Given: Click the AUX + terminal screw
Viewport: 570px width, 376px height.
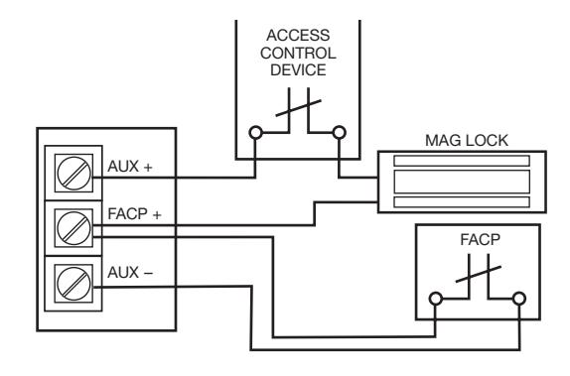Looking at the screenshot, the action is [73, 173].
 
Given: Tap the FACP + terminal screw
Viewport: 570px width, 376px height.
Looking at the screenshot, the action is [73, 228].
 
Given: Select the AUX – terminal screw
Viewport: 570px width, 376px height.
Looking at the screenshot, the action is [73, 284].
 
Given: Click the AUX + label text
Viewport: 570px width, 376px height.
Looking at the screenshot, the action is [130, 167].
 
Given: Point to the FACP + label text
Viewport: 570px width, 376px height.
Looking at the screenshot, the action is [134, 214].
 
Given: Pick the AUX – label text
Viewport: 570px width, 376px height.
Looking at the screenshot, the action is [130, 273].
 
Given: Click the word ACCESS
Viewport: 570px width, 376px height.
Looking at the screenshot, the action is [298, 36].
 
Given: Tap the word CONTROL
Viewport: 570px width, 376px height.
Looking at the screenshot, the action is [298, 53].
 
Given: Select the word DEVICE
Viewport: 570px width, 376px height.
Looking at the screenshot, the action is [298, 70].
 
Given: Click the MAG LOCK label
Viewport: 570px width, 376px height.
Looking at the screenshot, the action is [467, 141].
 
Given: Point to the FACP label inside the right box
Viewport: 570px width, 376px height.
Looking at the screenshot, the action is [481, 240].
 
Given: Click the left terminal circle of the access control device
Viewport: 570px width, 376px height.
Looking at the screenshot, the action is [255, 133].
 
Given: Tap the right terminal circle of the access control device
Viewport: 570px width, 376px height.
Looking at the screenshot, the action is [340, 133].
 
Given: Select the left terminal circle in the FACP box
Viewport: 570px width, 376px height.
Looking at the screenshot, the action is [436, 299].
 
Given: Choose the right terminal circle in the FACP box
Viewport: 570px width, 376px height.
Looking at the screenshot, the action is [519, 299].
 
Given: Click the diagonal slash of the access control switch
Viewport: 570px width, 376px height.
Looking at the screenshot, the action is [299, 108].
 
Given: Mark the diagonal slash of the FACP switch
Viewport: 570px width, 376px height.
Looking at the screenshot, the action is [479, 274].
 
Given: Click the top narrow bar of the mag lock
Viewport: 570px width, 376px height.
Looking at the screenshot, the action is [462, 161].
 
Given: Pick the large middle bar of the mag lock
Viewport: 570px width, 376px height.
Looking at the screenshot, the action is [462, 182].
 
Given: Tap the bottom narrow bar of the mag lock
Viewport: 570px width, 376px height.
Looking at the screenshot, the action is [462, 202].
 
